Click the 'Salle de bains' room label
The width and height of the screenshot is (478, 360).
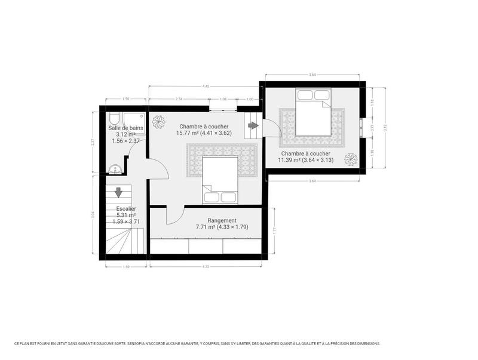coord(125,128)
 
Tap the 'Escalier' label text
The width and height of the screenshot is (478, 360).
coord(125,208)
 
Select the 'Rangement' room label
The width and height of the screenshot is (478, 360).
coord(222,220)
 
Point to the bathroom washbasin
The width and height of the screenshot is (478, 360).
coord(115,170)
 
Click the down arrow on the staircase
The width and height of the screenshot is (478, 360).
coord(118,192)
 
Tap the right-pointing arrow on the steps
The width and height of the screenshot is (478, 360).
coord(253,125)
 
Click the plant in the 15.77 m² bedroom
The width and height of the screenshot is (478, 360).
coord(159,122)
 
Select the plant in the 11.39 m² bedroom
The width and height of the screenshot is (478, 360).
coord(351,159)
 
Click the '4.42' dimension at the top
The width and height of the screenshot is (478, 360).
coord(206,87)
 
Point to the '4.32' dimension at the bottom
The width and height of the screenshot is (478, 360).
coord(206,266)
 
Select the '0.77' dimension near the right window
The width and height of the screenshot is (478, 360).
coord(372,127)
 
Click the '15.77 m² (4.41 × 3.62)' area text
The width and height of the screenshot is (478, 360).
coord(203,134)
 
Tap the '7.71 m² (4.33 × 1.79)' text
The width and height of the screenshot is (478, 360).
coord(222,227)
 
